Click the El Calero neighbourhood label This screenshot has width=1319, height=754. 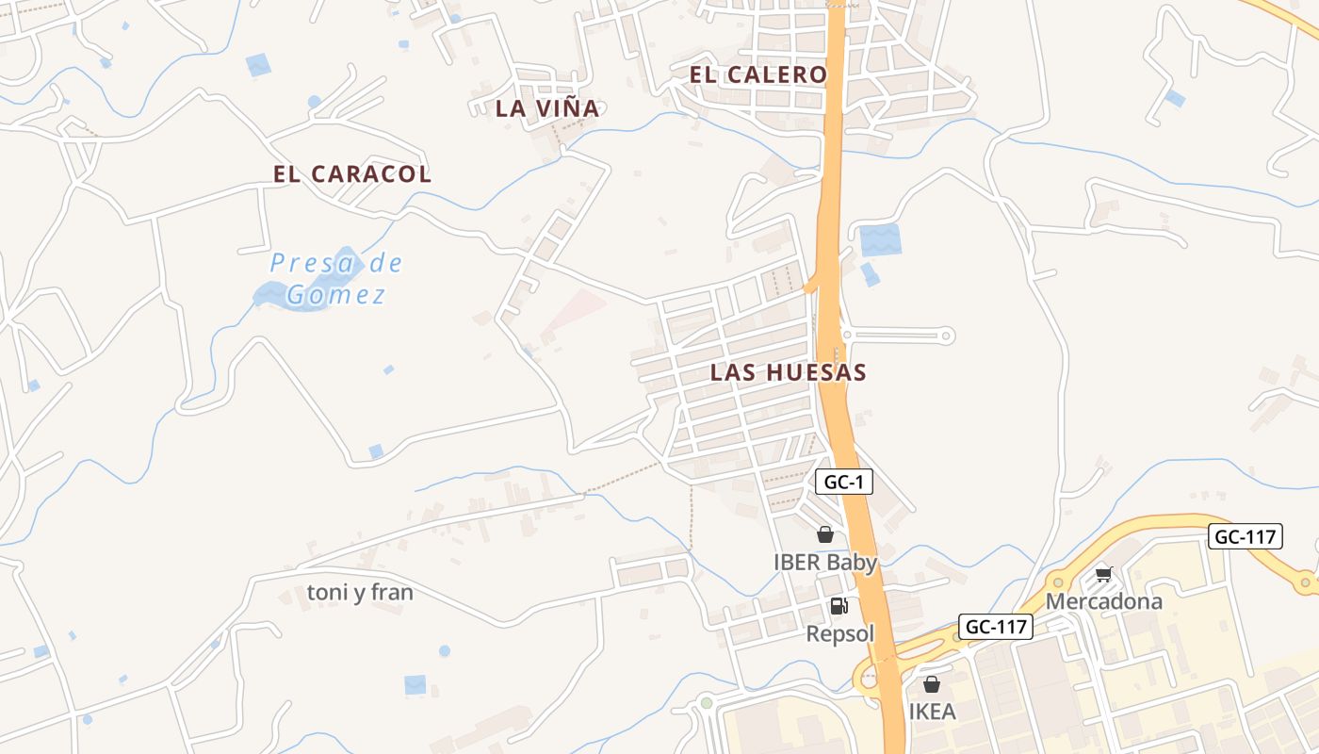(757, 75)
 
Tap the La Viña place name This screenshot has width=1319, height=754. (547, 108)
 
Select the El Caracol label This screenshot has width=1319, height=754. (352, 174)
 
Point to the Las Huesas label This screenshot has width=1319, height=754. (788, 372)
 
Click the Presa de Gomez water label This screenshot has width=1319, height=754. (335, 279)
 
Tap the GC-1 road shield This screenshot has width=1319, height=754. (844, 483)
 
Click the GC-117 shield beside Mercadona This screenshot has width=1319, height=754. (1246, 537)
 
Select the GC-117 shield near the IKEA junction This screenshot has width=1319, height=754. (996, 626)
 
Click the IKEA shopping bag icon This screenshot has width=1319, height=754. (932, 684)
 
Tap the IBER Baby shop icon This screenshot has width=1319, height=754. (825, 534)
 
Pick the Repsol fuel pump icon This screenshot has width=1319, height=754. (839, 606)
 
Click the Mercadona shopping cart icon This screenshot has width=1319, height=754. (1104, 574)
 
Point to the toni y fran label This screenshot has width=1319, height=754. (360, 593)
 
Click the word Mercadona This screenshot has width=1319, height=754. (1104, 601)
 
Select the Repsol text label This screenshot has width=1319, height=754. (840, 633)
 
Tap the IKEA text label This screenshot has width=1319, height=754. (933, 711)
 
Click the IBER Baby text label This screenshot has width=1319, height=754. (825, 563)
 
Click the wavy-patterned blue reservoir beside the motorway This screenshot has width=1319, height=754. (880, 240)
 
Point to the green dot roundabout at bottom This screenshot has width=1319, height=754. (707, 702)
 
